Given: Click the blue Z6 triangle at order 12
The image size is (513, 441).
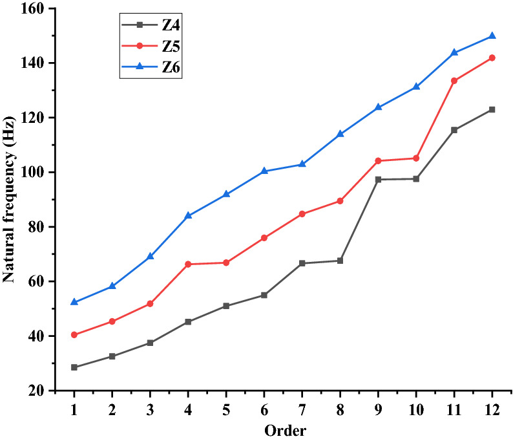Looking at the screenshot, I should click(x=492, y=36).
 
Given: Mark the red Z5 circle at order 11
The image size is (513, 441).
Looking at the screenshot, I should click(x=454, y=81).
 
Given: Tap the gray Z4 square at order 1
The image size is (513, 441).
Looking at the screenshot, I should click(x=74, y=367).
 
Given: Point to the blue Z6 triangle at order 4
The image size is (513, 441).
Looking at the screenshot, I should click(x=188, y=215).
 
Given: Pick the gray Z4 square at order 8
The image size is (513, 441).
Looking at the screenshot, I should click(x=340, y=261).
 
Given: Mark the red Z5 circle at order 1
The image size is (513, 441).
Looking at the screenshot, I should click(x=74, y=335).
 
